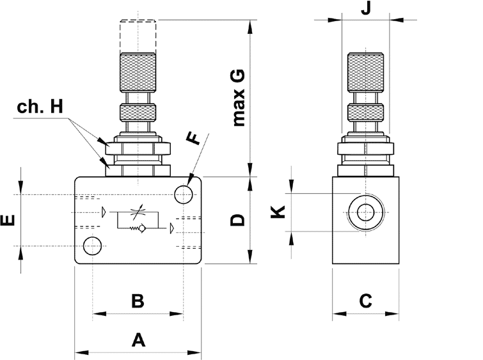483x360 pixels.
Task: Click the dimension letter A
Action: [138, 340]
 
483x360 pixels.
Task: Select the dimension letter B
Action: [138, 301]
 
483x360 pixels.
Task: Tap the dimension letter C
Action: [366, 301]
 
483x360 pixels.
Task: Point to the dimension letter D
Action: [237, 220]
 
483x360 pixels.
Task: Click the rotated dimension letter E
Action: [8, 220]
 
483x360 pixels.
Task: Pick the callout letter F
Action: [194, 138]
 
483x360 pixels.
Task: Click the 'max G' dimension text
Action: [239, 98]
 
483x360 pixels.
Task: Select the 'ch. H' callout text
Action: [40, 107]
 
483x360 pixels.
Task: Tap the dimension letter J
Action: [366, 8]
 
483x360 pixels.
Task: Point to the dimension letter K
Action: [278, 212]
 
